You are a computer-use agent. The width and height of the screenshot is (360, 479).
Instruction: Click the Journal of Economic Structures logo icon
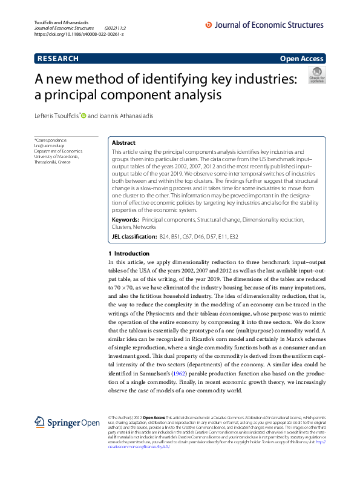209,25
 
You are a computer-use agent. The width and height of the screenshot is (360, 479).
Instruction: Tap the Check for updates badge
316,75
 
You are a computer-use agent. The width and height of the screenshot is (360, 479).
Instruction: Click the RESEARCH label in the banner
58,59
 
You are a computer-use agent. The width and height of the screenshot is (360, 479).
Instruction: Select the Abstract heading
124,142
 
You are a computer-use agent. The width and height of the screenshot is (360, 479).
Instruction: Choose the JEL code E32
233,236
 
